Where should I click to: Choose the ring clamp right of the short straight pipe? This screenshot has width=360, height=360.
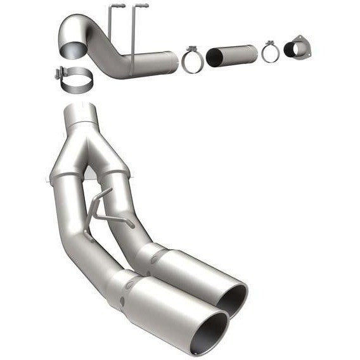271,52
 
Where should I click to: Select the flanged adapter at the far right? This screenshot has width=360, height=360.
297,50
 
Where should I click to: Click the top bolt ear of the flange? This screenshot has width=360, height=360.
299,37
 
